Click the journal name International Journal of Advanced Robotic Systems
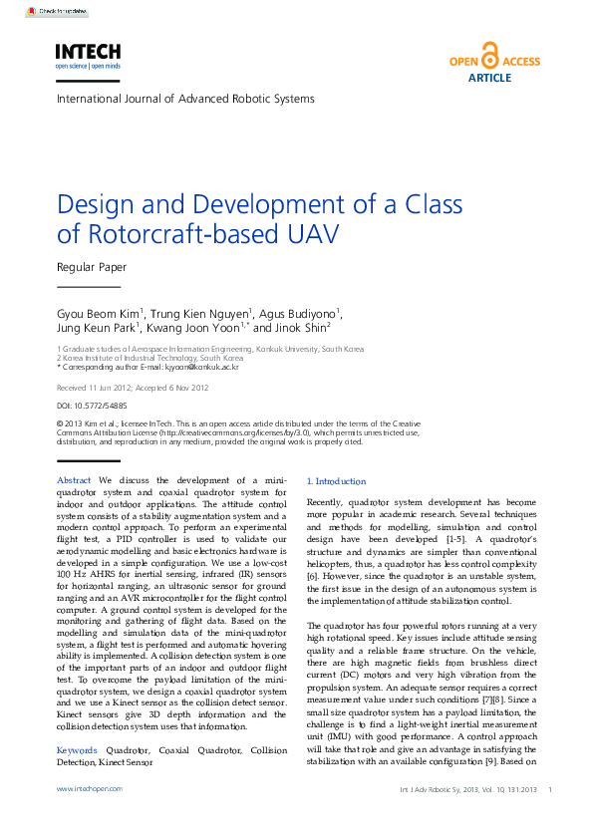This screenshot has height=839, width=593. tap(185, 99)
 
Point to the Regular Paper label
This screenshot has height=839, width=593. tap(92, 266)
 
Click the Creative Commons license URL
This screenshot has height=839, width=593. tap(234, 433)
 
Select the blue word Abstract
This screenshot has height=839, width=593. tap(76, 480)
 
